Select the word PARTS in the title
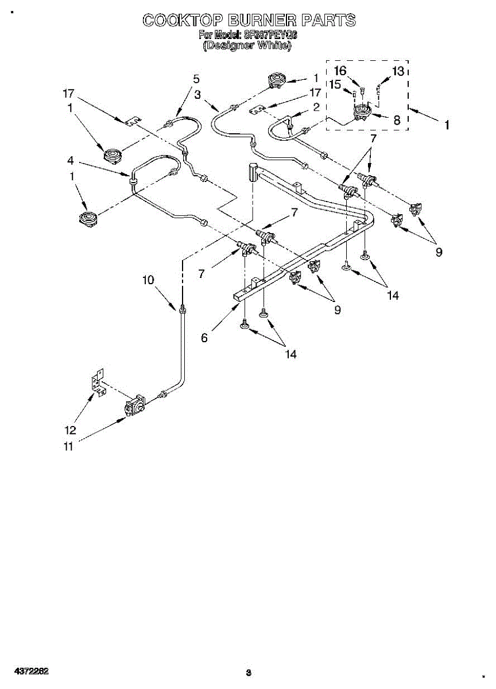(330, 21)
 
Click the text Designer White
(247, 45)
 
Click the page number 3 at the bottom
(248, 672)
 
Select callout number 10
(149, 280)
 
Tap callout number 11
(68, 447)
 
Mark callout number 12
(70, 429)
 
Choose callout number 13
(398, 71)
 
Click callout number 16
(340, 71)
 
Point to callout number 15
(335, 84)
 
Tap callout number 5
(196, 79)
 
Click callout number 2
(316, 107)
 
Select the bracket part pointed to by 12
(98, 382)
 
